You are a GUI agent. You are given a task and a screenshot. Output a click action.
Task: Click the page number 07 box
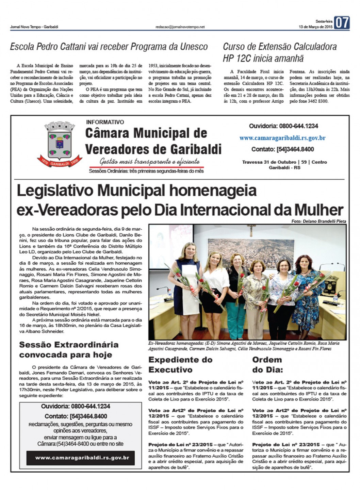(x=342, y=23)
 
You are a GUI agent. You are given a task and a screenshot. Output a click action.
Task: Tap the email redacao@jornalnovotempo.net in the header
(x=180, y=27)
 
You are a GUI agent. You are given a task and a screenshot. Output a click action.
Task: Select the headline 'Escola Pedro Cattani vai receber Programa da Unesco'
(x=109, y=47)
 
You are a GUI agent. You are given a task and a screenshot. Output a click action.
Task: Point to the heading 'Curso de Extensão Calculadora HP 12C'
(x=280, y=52)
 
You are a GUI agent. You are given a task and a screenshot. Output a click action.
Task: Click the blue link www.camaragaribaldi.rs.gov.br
(x=282, y=138)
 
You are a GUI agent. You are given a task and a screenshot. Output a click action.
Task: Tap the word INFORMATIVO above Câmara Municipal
(x=105, y=122)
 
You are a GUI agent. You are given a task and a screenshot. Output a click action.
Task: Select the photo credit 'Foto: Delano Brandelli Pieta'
(x=318, y=221)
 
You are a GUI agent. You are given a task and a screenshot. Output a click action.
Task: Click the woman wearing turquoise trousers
(x=235, y=289)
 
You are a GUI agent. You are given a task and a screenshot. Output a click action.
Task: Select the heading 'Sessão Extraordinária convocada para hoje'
(x=69, y=349)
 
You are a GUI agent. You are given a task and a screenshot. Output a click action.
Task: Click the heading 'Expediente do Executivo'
(x=180, y=364)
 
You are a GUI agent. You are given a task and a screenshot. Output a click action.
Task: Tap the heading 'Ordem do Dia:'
(x=267, y=364)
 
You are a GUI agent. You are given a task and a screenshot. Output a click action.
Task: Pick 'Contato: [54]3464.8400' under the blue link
(x=282, y=149)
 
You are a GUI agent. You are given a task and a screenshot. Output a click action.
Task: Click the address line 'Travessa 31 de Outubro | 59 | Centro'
(x=284, y=162)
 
